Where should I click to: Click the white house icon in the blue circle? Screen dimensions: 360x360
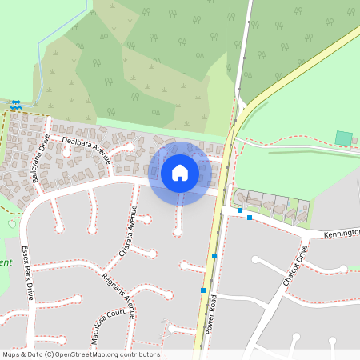[180, 173]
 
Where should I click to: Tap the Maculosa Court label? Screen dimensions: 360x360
[111, 322]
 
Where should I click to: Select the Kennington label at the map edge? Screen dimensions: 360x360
[342, 234]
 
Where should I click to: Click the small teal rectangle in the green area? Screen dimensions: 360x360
[343, 138]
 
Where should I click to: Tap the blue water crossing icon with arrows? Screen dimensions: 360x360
[16, 104]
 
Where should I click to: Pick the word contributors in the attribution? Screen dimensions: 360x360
[142, 354]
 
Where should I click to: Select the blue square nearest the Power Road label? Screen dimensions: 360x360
[203, 290]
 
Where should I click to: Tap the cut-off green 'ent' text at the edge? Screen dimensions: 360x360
[6, 262]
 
